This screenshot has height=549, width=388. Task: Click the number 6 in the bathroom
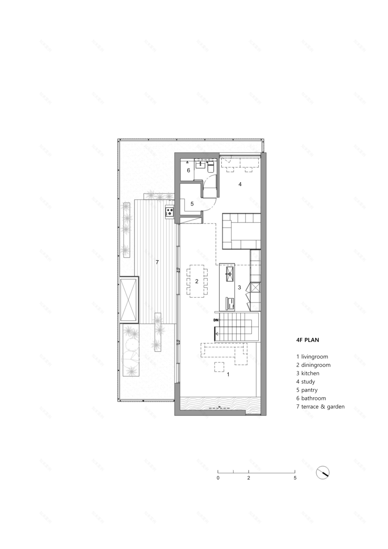[x=188, y=170]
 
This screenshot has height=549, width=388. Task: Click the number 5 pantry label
[x=192, y=204]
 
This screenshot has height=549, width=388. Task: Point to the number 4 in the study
[x=240, y=184]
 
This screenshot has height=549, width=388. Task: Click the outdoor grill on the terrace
[x=170, y=212]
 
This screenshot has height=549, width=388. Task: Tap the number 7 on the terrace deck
[x=157, y=262]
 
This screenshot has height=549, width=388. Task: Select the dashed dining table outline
[x=197, y=281]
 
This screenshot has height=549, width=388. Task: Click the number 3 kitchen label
[x=239, y=287]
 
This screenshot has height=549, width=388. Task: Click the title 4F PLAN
[x=308, y=340]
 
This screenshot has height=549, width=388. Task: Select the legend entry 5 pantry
[x=307, y=390]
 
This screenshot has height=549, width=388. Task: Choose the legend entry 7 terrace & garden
[x=320, y=407]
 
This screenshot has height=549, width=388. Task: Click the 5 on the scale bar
[x=295, y=478]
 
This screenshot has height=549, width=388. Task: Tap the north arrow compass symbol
[x=323, y=473]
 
